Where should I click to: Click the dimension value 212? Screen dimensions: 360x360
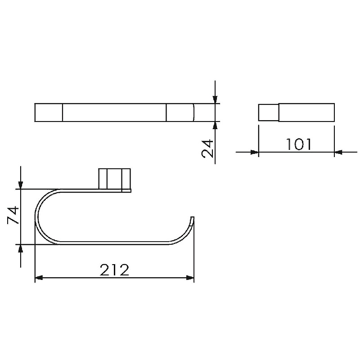(x=114, y=270)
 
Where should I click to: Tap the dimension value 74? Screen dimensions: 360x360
(x=13, y=215)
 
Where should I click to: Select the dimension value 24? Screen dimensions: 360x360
(x=207, y=148)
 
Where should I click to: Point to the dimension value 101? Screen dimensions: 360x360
(x=299, y=144)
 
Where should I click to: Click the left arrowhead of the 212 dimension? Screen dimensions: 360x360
(x=39, y=278)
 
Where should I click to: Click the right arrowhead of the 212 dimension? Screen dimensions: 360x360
(x=190, y=278)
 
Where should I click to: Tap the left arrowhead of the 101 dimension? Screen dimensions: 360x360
(x=255, y=152)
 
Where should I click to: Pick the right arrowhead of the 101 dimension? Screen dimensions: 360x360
(x=338, y=152)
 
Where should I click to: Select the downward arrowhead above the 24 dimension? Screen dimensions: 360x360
(x=215, y=99)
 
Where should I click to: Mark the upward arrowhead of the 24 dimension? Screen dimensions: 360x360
(x=215, y=126)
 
